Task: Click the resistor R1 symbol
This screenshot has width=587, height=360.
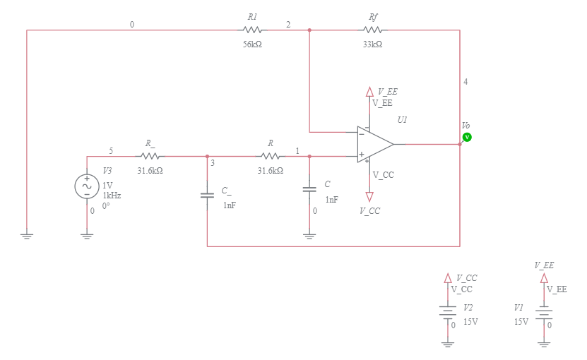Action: point(252,30)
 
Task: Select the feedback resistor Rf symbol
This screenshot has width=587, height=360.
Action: point(372,30)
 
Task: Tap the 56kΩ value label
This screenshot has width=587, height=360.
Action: point(252,44)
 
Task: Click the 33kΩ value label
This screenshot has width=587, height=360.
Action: point(372,44)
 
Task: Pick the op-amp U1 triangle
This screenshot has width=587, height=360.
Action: point(374,144)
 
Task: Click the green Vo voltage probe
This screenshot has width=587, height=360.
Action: point(466,137)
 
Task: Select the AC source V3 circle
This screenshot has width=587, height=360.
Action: point(87,186)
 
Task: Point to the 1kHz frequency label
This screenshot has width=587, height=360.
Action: point(112,196)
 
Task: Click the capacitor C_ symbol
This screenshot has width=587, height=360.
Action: point(207,195)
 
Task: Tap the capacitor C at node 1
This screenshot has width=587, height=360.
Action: point(309,189)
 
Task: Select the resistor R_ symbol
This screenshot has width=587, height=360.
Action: point(150,156)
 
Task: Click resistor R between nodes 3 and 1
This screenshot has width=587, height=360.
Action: point(270,156)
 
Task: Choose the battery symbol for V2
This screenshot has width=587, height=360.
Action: point(447,311)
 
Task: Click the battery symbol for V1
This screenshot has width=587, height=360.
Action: point(544,311)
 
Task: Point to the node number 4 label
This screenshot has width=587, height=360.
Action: point(466,82)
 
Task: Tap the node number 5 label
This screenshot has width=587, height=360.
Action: point(110,151)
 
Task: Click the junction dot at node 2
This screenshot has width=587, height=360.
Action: point(309,30)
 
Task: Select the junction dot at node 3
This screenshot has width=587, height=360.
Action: point(207,156)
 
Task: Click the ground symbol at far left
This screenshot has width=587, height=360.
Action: point(27,236)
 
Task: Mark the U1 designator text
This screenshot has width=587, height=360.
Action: point(402,120)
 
